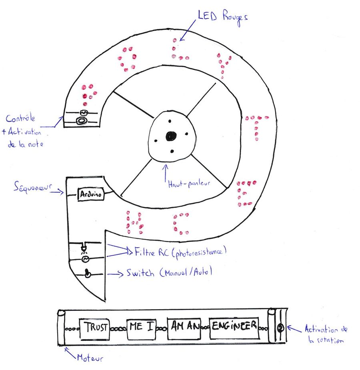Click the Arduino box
[90, 194]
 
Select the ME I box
[141, 327]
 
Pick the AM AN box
[184, 327]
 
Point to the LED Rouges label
[222, 17]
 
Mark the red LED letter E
[244, 194]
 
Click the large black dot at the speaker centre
[171, 136]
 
